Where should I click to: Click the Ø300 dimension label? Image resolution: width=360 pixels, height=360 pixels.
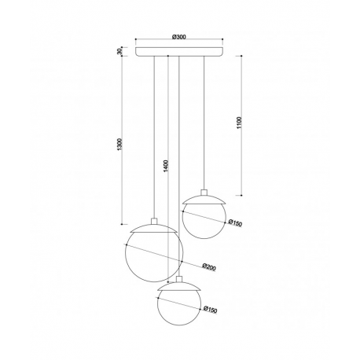[179, 37]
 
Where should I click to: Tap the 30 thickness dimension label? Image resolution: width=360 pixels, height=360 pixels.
[119, 51]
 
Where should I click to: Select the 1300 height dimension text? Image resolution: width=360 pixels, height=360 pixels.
[119, 145]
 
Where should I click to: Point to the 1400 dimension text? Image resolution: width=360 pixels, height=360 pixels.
[166, 166]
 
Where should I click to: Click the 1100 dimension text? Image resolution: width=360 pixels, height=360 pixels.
[239, 123]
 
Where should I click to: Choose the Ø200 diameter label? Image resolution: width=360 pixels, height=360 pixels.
[209, 266]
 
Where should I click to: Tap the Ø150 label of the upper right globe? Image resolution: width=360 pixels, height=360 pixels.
[235, 223]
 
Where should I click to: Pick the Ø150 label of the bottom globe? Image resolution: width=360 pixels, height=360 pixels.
[210, 310]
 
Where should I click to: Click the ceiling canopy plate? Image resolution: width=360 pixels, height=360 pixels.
[179, 52]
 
